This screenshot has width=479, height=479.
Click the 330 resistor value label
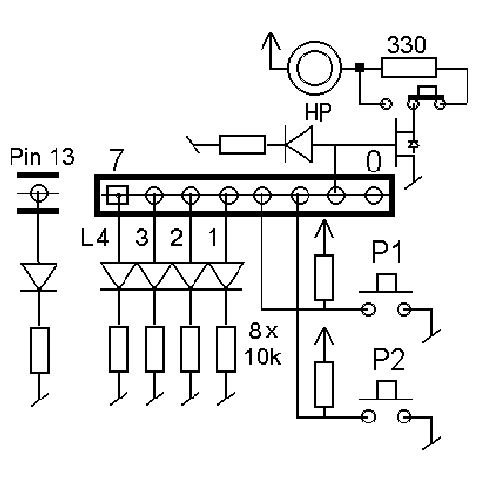coord(406,45)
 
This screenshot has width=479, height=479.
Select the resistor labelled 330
coord(409,67)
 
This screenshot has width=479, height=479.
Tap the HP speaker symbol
coord(314,68)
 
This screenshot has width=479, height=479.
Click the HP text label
coord(317,112)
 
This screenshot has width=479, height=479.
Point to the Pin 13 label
coord(42,156)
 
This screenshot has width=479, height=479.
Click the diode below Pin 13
coord(38,277)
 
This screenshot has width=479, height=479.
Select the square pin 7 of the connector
coord(118,194)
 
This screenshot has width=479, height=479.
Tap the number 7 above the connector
coord(116,160)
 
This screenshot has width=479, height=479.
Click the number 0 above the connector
coord(374,162)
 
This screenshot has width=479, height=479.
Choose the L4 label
coord(96,238)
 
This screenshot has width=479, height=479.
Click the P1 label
coord(386,252)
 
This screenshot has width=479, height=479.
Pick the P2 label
coord(388,359)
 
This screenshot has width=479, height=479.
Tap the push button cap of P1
coord(386,284)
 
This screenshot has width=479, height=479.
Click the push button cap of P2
coord(386,390)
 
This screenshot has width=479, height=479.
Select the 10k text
coord(262,356)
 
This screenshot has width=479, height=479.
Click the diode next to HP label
coord(299,145)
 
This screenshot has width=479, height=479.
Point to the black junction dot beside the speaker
coord(360,67)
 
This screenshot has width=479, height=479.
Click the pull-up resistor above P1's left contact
coord(324,277)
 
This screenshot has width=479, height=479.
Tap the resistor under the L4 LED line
coord(119,349)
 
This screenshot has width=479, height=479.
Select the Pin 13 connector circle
coord(38,193)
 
